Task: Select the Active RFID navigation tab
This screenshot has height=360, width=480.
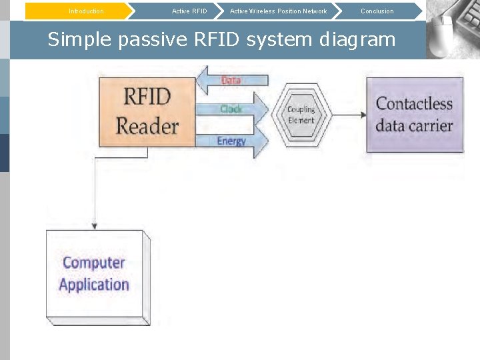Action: [189, 11]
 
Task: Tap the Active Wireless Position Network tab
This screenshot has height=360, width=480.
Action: [278, 11]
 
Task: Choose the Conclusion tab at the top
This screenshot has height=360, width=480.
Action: [377, 11]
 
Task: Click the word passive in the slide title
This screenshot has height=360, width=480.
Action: [153, 40]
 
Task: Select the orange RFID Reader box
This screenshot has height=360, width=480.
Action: [147, 111]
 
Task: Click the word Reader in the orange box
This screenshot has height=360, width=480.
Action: [147, 126]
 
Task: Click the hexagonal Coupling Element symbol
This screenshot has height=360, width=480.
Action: [301, 115]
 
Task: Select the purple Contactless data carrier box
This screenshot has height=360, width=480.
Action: [414, 115]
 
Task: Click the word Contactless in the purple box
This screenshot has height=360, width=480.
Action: [414, 104]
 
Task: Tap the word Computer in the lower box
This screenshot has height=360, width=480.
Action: [94, 263]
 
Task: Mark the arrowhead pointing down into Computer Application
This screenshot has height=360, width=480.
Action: [95, 225]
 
